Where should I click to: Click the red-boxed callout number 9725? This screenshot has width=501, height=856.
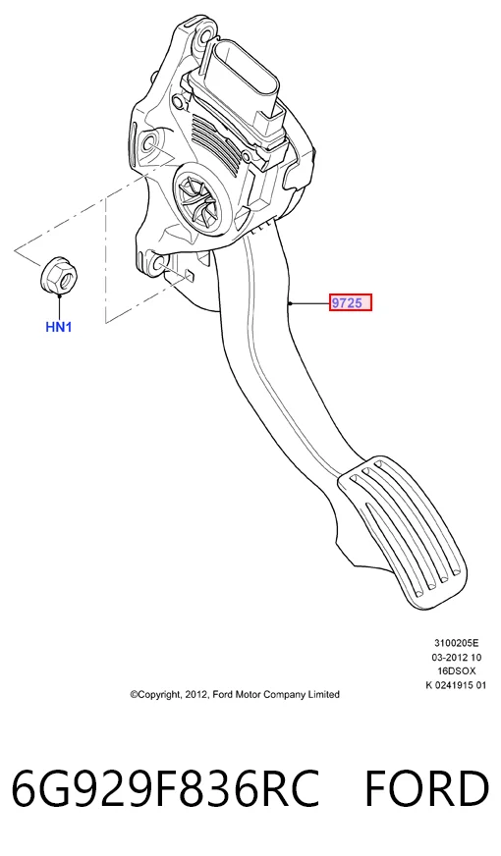(x=350, y=302)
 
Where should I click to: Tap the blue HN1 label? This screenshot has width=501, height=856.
(x=59, y=327)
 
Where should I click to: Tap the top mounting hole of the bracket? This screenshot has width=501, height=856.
(x=205, y=36)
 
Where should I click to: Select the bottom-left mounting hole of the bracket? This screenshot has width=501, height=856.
(x=159, y=265)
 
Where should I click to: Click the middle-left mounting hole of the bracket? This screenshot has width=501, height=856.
(x=148, y=144)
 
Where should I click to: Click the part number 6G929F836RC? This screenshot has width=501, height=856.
(x=165, y=788)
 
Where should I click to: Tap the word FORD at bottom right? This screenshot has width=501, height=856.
(x=426, y=788)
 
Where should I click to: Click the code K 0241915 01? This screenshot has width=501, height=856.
(x=456, y=685)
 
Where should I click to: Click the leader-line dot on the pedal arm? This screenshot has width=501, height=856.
(x=292, y=302)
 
